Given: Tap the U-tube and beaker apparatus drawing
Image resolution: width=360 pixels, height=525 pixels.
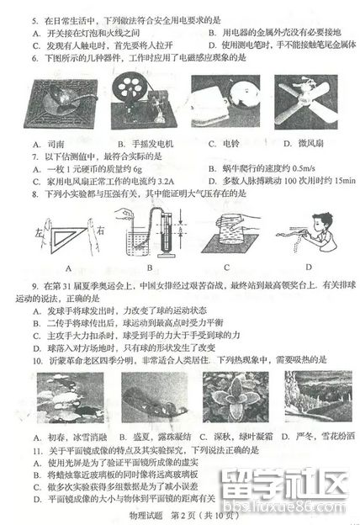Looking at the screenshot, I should (x=145, y=236).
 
